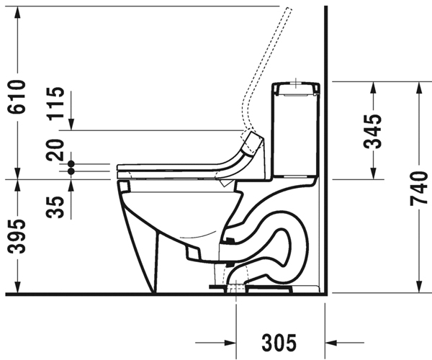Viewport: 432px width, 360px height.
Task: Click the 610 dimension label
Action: tap(17, 96)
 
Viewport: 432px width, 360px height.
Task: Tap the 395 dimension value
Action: tap(17, 236)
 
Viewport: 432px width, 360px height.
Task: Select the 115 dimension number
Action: tap(56, 104)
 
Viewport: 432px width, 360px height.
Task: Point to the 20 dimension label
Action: tap(55, 150)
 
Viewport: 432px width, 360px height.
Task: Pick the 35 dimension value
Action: tap(55, 207)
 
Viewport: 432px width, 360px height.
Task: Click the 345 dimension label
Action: tap(373, 131)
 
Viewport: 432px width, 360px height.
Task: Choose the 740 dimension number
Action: tap(419, 189)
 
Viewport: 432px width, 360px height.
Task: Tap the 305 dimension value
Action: tap(279, 343)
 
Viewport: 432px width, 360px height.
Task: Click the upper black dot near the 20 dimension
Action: tap(71, 164)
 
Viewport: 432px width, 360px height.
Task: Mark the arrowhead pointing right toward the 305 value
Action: tap(230, 343)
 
